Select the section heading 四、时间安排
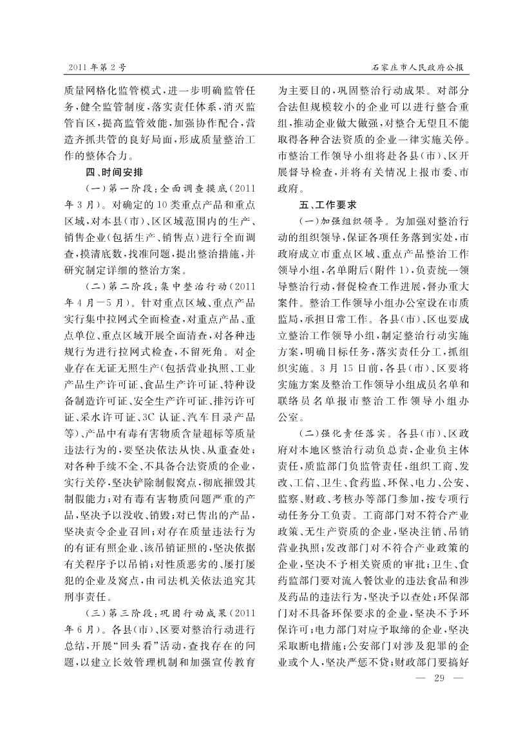point(115,172)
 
